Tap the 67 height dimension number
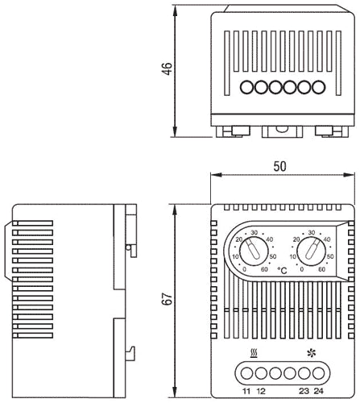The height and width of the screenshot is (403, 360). [166, 298]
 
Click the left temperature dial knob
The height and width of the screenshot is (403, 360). [252, 256]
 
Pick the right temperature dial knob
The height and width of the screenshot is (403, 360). [311, 256]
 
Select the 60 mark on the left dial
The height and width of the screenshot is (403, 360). [263, 280]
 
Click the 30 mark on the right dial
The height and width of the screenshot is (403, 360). [313, 233]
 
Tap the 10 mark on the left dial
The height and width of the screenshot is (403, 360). [235, 257]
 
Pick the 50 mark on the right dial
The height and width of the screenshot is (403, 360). [330, 256]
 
